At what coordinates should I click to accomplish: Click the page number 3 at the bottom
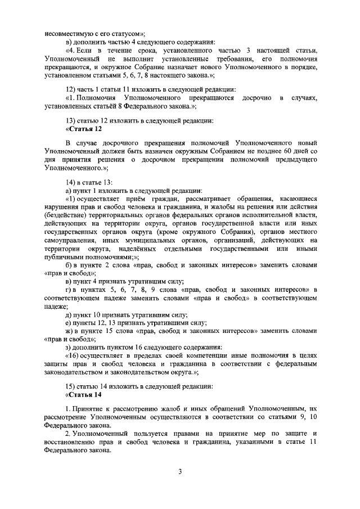(180, 471)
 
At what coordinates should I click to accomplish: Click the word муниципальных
(144, 241)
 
